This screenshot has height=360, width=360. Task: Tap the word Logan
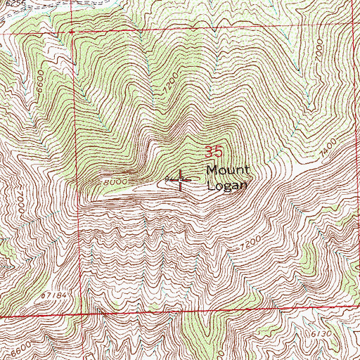(227, 186)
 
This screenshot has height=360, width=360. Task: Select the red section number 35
(214, 151)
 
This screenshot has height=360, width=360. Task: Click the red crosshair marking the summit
(180, 181)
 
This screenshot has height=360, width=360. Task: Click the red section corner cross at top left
(72, 32)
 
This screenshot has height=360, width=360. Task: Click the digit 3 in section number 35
(210, 151)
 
